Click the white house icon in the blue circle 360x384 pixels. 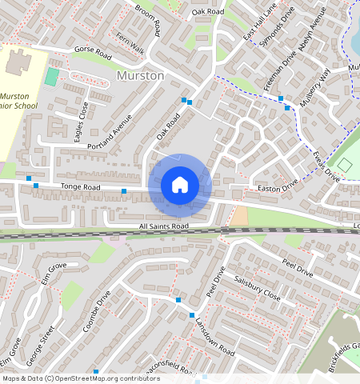click(180, 185)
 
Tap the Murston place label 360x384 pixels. click(140, 75)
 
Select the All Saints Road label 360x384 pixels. click(163, 226)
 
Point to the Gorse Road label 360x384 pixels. click(93, 50)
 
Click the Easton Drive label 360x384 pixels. click(278, 189)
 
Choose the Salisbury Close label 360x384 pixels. click(258, 289)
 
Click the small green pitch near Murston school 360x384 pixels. click(52, 78)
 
